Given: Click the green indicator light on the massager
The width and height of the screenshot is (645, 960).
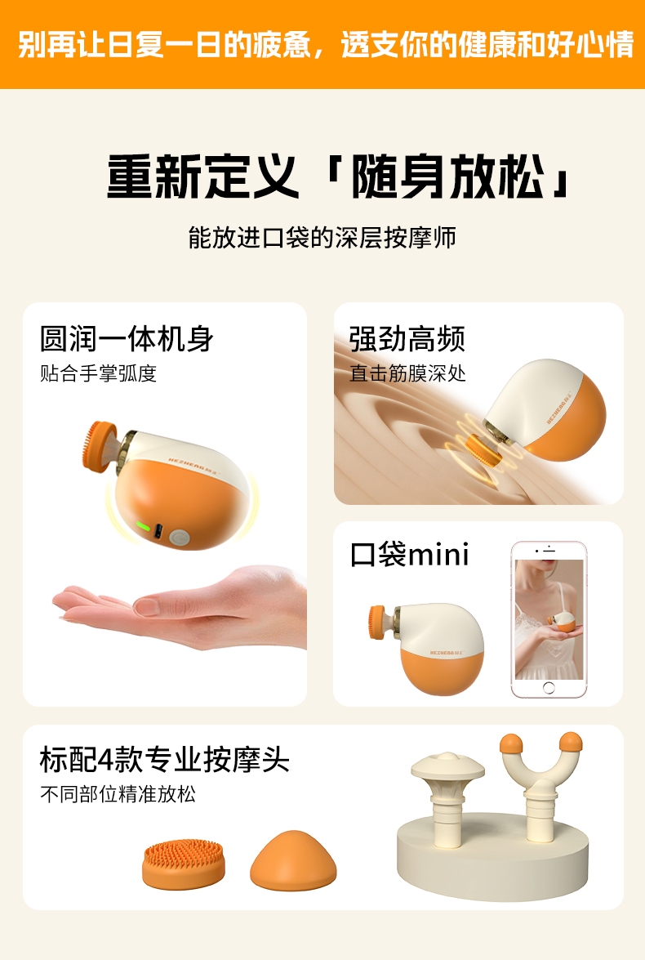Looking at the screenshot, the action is click(143, 526).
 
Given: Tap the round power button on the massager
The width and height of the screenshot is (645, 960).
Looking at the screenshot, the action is click(179, 538).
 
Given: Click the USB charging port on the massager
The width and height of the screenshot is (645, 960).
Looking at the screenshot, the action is click(158, 531).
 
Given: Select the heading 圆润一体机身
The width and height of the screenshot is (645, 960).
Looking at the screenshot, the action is click(127, 338).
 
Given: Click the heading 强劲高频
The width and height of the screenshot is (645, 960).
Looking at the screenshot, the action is click(407, 338).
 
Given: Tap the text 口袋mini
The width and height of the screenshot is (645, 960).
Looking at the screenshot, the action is click(409, 554).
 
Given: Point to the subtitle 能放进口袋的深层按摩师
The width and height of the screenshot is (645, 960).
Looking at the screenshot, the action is click(322, 238).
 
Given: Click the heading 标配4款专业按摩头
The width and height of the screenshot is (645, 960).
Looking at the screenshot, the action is click(165, 760).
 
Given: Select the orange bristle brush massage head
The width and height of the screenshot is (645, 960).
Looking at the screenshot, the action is click(184, 864).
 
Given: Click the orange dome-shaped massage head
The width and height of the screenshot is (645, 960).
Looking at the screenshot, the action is click(293, 860).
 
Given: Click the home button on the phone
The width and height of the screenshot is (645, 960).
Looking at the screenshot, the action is click(549, 688).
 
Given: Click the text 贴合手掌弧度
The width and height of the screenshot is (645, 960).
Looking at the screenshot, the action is click(99, 373).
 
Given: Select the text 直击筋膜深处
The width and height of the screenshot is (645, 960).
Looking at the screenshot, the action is click(407, 373).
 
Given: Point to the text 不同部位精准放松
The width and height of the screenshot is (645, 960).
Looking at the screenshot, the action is click(118, 794).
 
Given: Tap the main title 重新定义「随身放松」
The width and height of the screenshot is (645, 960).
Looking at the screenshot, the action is click(340, 176).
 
